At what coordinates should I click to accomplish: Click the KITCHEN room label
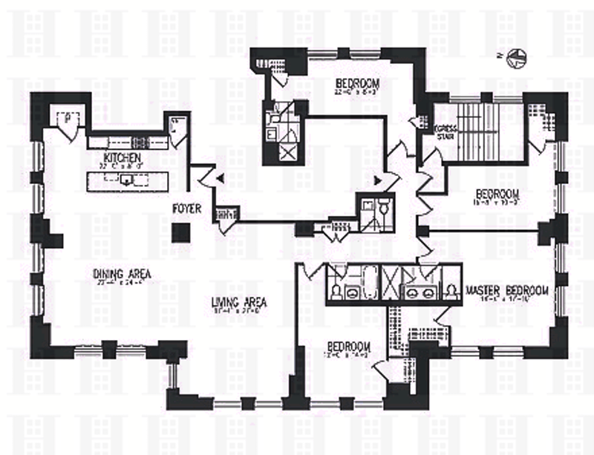pyautogui.click(x=123, y=159)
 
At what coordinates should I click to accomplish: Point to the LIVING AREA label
pyautogui.click(x=238, y=302)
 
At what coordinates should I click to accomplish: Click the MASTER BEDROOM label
pyautogui.click(x=507, y=289)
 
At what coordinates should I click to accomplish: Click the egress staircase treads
pyautogui.click(x=483, y=131)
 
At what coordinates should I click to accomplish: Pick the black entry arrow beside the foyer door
pyautogui.click(x=219, y=176)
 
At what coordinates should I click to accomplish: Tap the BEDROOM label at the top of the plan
pyautogui.click(x=358, y=82)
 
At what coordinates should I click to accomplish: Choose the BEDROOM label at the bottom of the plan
pyautogui.click(x=348, y=347)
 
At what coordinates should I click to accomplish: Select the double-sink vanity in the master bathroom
pyautogui.click(x=420, y=292)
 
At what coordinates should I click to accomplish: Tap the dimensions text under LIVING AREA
pyautogui.click(x=238, y=312)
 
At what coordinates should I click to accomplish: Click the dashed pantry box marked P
pyautogui.click(x=68, y=117)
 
